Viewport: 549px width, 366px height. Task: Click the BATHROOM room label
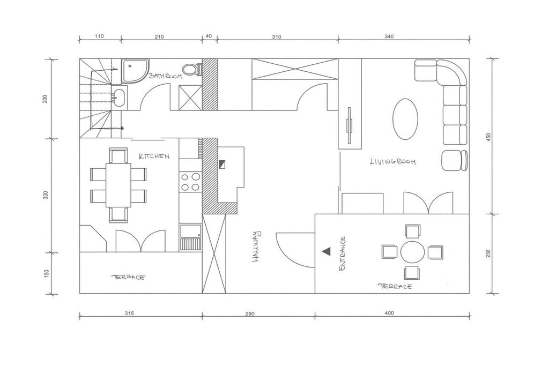pyautogui.click(x=165, y=76)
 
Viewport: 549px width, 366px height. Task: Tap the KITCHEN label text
pyautogui.click(x=154, y=156)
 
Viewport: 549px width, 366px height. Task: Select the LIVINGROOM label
pyautogui.click(x=393, y=161)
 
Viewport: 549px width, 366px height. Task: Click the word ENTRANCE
pyautogui.click(x=343, y=253)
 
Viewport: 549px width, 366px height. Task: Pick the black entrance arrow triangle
pyautogui.click(x=327, y=251)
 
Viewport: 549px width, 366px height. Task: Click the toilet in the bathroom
pyautogui.click(x=192, y=69)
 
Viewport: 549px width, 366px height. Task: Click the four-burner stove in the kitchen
pyautogui.click(x=190, y=182)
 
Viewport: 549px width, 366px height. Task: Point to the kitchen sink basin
pyautogui.click(x=190, y=231)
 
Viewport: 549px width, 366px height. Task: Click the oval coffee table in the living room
pyautogui.click(x=405, y=119)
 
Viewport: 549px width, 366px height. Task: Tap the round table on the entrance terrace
pyautogui.click(x=412, y=252)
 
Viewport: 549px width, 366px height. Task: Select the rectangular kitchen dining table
pyautogui.click(x=118, y=185)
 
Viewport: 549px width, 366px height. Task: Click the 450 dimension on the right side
pyautogui.click(x=489, y=137)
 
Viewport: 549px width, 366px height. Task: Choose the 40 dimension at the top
pyautogui.click(x=209, y=36)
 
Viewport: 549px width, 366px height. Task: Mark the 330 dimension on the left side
pyautogui.click(x=46, y=195)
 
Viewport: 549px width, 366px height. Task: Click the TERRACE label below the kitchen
pyautogui.click(x=128, y=277)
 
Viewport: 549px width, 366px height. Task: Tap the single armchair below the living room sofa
pyautogui.click(x=454, y=161)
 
